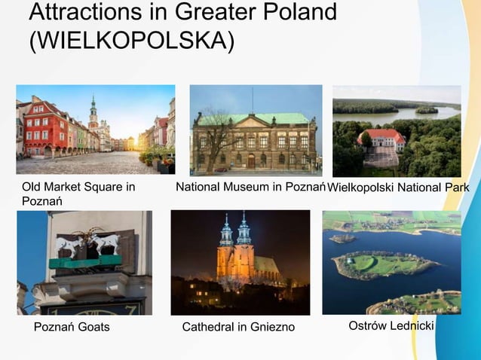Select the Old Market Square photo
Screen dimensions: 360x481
(x=95, y=130)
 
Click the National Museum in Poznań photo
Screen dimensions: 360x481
(x=255, y=130)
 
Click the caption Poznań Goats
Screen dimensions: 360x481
(x=72, y=327)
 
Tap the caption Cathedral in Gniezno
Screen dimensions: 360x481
(x=238, y=327)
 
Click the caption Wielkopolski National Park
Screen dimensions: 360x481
(x=398, y=187)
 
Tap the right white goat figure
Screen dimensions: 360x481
(x=105, y=243)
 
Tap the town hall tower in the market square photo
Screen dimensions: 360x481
(x=93, y=117)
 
